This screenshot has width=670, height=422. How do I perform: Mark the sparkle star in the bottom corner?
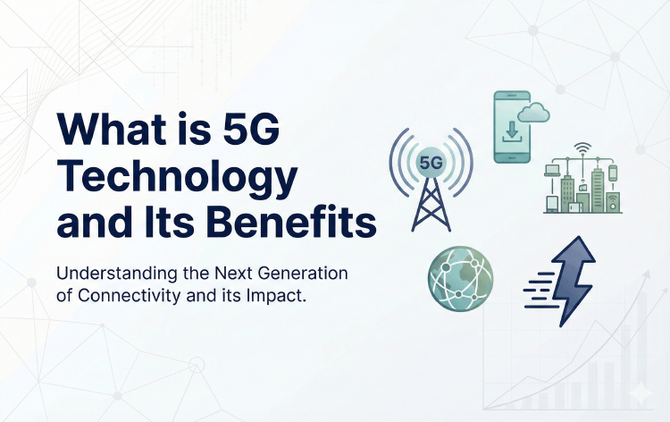(640, 393)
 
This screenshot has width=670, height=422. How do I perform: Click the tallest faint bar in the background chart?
(630, 358)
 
